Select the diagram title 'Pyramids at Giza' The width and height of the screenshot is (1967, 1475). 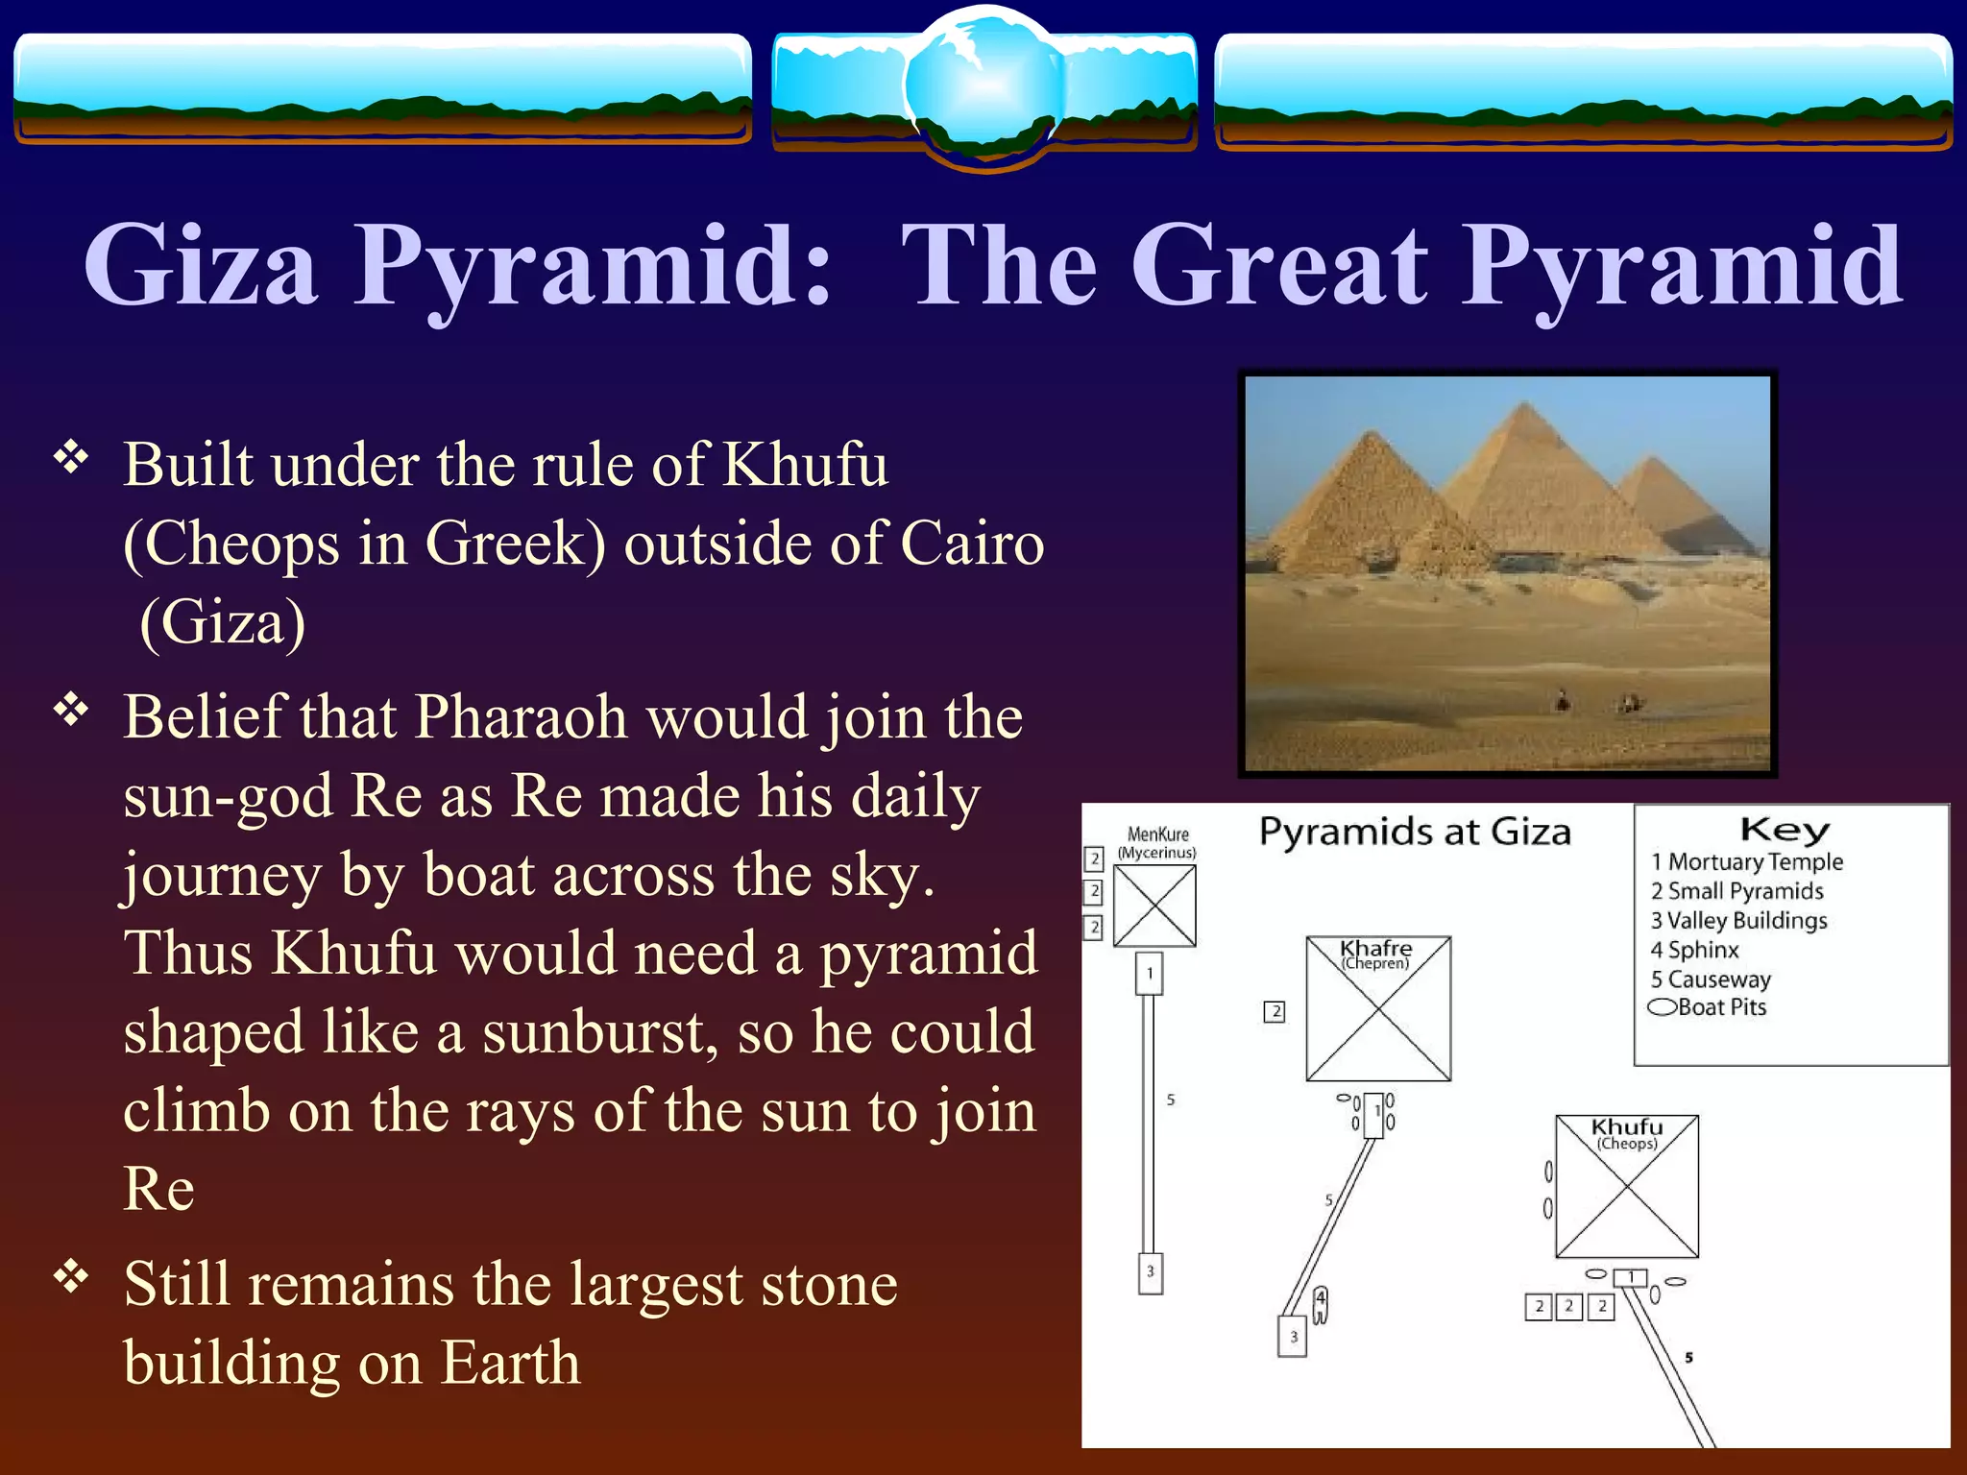point(1415,832)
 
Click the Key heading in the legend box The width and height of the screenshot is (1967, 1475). point(1785,829)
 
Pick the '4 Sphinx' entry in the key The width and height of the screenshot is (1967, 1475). point(1695,950)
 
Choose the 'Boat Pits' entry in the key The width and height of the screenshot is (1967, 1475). point(1710,1007)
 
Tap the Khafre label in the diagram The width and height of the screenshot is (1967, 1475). point(1376,948)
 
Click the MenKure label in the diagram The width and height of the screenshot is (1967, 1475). point(1157,834)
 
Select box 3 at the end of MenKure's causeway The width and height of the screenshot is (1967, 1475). point(1150,1272)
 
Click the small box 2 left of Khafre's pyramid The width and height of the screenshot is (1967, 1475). point(1275,1011)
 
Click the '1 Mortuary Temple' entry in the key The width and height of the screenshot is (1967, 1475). point(1747,861)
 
